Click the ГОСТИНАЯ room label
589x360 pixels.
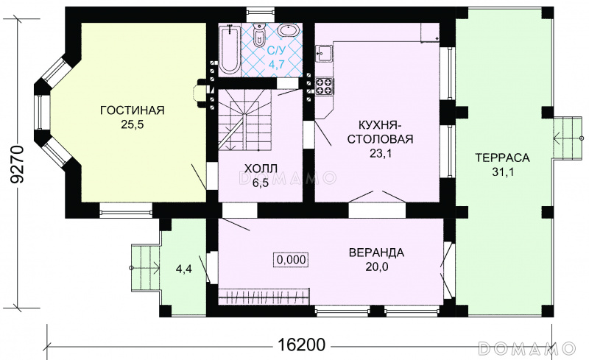coord(133,110)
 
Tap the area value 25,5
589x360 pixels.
coord(133,124)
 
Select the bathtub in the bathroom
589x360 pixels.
coord(229,50)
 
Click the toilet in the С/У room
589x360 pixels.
coord(259,35)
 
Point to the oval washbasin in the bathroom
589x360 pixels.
coord(289,31)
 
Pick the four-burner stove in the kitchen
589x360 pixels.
coord(325,86)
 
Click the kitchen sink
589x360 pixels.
coord(323,53)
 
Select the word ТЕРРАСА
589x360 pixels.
coord(502,158)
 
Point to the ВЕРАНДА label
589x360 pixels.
coord(376,253)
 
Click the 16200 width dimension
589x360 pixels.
coord(301,345)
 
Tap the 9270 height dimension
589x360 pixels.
coord(17,164)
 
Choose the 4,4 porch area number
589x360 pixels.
coord(184,269)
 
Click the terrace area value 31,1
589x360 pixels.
coord(502,172)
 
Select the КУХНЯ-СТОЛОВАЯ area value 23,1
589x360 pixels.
coord(380,153)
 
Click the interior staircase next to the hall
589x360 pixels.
coord(245,120)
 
